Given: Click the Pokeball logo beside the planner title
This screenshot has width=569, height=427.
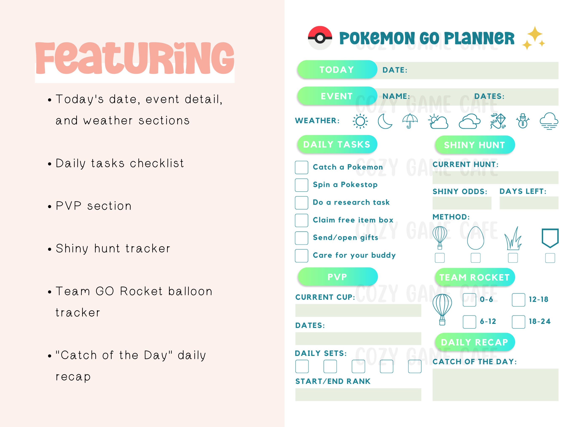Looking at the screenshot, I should coord(320,38).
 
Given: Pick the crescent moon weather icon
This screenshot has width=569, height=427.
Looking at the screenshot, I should coord(385,121).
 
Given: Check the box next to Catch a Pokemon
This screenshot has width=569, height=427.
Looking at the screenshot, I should coord(302,167).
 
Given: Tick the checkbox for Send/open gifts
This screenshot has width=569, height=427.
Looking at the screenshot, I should coord(302,238).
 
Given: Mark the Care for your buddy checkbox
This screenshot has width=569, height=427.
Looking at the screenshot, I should coord(302,256).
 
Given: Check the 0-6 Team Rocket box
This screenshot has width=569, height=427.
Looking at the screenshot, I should coord(469,300).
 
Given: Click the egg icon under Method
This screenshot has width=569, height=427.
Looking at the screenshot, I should coord(475,238).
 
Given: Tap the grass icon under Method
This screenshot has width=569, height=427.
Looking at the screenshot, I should coord(513,239).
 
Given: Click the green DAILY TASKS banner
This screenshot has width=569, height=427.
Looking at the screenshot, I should coord(337,144).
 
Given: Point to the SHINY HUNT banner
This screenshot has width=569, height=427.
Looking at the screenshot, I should coord(475,145).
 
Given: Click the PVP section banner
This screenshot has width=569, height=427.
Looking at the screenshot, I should coord(337,277).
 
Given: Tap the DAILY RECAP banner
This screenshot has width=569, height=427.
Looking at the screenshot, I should coord(475,342).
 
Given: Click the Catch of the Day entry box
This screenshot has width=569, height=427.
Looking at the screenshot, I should coord(495,385).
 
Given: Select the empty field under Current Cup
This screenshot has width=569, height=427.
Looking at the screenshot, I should coord(358,310).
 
